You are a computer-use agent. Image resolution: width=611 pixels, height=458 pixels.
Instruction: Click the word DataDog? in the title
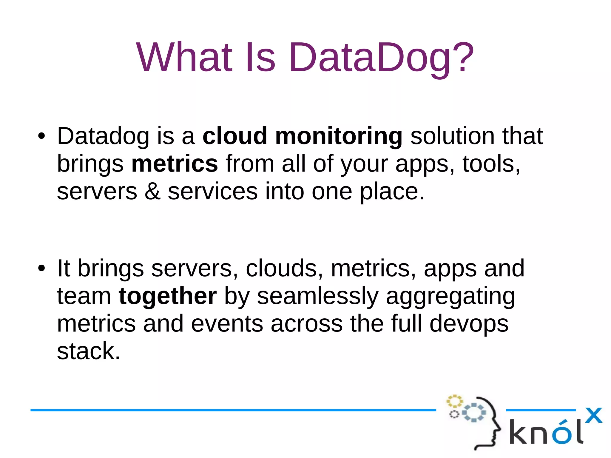381,57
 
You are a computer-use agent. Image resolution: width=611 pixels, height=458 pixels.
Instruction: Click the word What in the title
184,57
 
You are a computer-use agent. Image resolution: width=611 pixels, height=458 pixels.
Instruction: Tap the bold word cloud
234,136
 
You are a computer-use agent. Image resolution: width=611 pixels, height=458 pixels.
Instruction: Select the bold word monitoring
339,136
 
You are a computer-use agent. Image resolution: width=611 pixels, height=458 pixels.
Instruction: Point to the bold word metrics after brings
175,164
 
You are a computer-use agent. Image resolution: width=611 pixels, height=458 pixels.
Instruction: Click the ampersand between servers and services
152,191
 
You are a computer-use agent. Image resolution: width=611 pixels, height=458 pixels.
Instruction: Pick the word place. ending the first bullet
392,192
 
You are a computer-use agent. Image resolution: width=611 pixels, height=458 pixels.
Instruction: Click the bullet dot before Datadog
41,136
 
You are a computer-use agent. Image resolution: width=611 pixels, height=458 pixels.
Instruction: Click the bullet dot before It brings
41,268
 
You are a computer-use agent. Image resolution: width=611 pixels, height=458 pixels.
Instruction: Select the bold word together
167,296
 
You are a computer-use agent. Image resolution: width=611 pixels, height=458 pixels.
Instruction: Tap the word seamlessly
318,296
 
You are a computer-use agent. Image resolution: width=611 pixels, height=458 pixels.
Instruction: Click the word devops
469,324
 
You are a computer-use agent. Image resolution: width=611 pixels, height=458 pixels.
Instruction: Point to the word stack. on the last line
89,351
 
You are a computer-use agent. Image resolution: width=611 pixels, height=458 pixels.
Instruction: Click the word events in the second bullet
227,323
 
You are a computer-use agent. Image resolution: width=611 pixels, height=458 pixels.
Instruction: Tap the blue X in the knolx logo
593,415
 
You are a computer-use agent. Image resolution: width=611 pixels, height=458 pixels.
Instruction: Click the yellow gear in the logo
454,401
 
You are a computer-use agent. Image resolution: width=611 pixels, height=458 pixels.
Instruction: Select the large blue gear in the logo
474,413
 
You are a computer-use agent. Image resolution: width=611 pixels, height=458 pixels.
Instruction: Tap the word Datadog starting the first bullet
103,136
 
